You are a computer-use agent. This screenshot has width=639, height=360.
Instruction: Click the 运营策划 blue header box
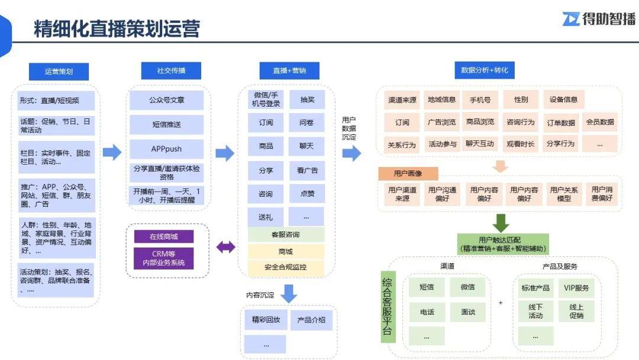(x=59, y=71)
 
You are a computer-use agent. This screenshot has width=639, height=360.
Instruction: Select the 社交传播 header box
(x=171, y=70)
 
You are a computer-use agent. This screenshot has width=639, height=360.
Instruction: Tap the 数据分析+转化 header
(x=485, y=70)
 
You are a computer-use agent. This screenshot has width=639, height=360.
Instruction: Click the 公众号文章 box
(x=166, y=100)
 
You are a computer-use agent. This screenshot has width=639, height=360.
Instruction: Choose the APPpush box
(x=166, y=149)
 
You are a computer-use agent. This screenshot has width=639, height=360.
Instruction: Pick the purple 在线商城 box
(x=164, y=236)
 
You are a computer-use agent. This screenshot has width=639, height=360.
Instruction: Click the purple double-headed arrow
(x=225, y=247)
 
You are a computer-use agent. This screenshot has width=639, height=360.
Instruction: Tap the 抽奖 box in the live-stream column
(x=307, y=99)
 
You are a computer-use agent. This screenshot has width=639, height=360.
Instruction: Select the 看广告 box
(x=307, y=171)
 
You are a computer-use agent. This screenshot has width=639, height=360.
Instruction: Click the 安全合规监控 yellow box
(x=286, y=267)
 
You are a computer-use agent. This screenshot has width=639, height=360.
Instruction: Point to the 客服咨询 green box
(x=286, y=234)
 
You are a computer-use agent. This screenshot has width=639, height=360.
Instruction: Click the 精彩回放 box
(x=266, y=320)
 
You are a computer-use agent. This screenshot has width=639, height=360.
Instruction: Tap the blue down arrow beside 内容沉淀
(x=289, y=293)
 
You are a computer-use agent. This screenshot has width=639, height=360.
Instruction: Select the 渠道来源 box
(x=402, y=100)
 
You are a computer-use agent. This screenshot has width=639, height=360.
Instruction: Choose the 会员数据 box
(x=600, y=122)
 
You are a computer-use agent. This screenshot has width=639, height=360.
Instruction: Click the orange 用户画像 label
(x=408, y=173)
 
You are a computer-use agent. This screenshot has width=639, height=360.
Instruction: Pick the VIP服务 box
(x=576, y=288)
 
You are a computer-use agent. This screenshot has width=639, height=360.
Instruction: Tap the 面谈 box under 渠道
(x=468, y=312)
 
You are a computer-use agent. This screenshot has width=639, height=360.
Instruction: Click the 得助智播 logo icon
(x=571, y=19)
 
